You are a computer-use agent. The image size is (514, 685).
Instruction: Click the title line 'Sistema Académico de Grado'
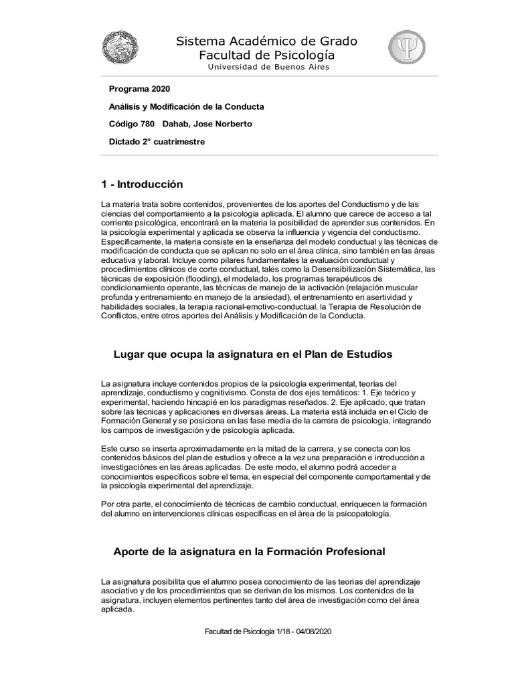point(266,41)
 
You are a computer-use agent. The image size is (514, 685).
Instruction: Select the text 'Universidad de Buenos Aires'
point(268,67)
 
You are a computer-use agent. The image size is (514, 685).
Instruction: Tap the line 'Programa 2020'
point(139,89)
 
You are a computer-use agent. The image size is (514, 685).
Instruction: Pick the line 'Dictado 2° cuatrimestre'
point(157,141)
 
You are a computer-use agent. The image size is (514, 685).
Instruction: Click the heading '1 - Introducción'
point(141,184)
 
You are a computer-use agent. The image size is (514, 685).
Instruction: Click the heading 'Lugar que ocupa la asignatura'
point(253,354)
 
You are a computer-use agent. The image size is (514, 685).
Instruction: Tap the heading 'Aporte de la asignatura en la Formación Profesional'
point(249,552)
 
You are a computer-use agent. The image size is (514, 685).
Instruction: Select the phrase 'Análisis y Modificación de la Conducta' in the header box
point(186,106)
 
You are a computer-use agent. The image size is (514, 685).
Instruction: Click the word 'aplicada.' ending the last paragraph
point(117,610)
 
